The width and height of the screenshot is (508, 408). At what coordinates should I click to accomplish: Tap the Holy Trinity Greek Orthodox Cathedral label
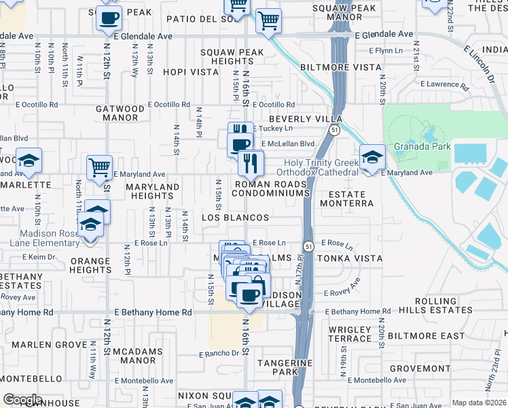tap(321, 167)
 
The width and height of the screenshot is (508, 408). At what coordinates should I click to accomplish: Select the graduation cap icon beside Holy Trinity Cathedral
tap(372, 158)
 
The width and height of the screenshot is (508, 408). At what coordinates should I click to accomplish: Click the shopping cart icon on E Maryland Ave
tap(100, 166)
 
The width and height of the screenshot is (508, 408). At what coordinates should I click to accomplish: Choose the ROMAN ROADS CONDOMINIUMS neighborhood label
tap(272, 189)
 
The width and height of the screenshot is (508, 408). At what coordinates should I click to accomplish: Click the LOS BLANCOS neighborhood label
tap(236, 218)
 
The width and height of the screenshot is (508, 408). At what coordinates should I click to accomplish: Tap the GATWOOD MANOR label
tap(120, 113)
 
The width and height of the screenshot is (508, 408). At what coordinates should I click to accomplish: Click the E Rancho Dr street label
tap(219, 354)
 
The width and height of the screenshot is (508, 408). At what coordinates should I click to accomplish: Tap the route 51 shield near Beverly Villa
tap(335, 129)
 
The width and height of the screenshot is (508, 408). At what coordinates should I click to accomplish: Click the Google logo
tap(22, 400)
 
